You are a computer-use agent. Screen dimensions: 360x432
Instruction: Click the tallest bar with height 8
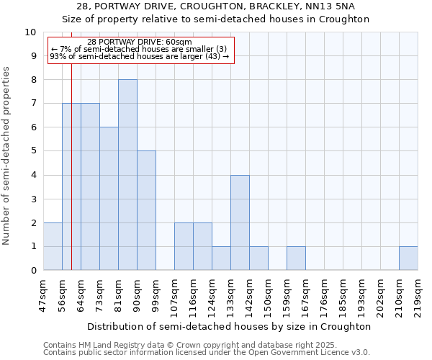[127, 175]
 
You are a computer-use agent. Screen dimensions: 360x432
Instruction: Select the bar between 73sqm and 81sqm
[109, 199]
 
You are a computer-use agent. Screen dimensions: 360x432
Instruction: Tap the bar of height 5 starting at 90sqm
[146, 210]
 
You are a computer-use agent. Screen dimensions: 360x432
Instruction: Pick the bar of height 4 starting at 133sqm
[240, 222]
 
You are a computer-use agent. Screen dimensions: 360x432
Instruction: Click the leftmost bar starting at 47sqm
[53, 246]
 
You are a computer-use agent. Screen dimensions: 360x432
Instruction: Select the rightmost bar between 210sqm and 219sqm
[408, 258]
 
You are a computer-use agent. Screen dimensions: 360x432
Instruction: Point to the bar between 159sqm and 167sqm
[296, 258]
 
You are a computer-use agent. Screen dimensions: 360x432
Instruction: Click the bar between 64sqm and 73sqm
[90, 186]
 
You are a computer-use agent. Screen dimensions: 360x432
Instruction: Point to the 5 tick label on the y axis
[32, 151]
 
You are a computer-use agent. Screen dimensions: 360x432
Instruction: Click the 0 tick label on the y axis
[32, 271]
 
